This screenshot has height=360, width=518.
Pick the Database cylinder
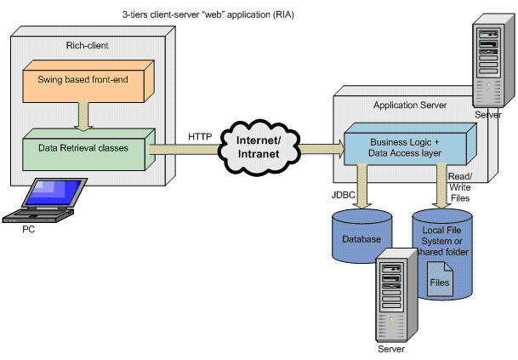click(x=361, y=240)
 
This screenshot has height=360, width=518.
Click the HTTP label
click(x=202, y=135)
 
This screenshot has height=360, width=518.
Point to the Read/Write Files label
click(x=459, y=186)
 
